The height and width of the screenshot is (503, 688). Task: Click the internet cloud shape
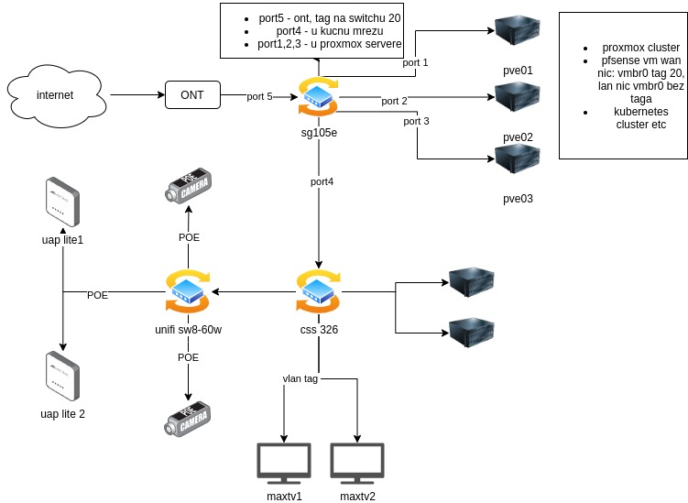(x=55, y=95)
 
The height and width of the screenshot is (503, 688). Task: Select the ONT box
(x=192, y=95)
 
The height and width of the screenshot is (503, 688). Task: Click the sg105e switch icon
(x=318, y=97)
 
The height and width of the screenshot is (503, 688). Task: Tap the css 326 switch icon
(x=318, y=291)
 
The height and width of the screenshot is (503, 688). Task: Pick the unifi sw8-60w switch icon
(x=187, y=291)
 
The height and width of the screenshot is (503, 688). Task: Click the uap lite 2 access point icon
(x=61, y=376)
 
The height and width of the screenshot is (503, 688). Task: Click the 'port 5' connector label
(x=259, y=96)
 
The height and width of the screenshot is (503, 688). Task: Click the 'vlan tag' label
(x=300, y=377)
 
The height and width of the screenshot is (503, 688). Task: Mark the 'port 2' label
(x=395, y=100)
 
